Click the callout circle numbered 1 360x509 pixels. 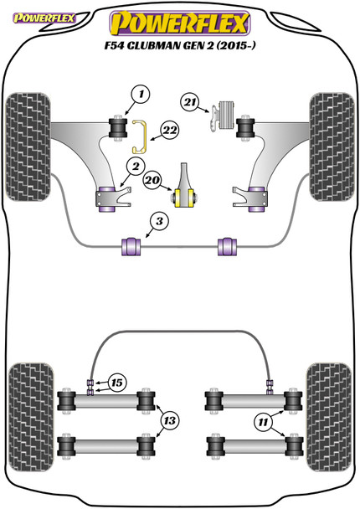[x=136, y=95]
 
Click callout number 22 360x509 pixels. [x=170, y=130]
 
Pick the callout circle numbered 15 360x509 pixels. [x=116, y=383]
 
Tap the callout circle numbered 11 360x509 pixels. [x=265, y=424]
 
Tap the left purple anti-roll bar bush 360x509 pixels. [x=131, y=245]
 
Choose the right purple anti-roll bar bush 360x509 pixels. [x=226, y=245]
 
